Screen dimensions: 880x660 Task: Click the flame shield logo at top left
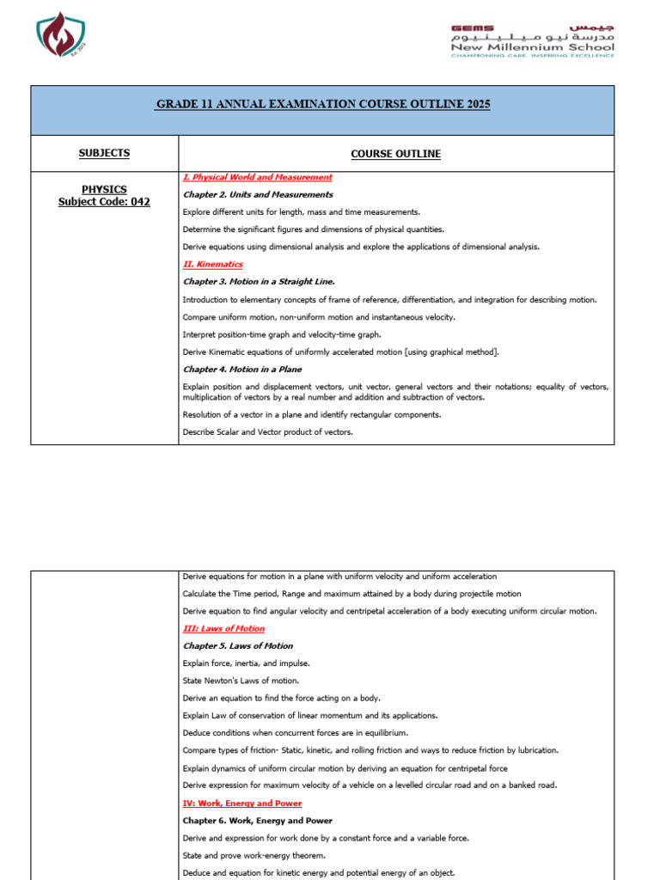pos(62,36)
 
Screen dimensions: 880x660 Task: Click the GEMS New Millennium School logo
pos(533,40)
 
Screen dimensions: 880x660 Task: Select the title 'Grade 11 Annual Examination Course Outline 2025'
pos(322,104)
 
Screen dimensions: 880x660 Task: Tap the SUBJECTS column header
pos(104,153)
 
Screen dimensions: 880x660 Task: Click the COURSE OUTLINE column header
pos(395,154)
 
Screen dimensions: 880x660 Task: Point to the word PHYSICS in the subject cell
pos(104,189)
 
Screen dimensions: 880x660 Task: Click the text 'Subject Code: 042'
pos(104,202)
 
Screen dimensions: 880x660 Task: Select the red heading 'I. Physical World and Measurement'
pos(257,177)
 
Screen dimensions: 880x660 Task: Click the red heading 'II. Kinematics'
pos(212,265)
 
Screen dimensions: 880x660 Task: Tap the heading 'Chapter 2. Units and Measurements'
pos(246,195)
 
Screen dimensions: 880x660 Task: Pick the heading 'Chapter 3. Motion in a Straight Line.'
pos(259,282)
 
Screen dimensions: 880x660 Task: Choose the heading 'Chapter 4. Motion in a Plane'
pos(241,370)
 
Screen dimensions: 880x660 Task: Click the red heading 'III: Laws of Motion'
pos(223,629)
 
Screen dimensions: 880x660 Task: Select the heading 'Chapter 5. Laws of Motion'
pos(237,646)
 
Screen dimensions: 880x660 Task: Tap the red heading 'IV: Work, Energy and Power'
pos(241,804)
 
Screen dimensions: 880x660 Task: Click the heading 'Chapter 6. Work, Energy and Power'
pos(257,821)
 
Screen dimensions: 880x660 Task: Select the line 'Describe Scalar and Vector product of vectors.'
pos(267,432)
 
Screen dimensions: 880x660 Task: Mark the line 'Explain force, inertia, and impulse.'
pos(247,663)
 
